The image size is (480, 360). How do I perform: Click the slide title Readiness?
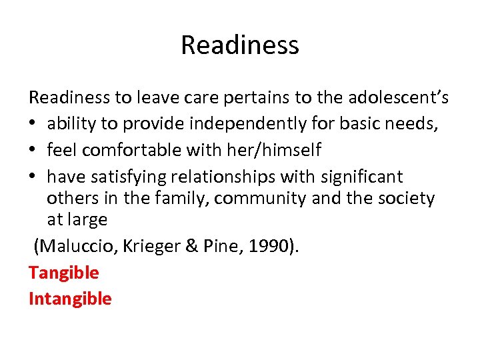coord(239,45)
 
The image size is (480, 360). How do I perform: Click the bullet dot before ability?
coord(33,125)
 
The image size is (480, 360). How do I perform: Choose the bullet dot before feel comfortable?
coord(33,151)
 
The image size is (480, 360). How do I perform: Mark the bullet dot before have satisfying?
coord(33,177)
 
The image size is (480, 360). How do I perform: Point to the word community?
coord(298,199)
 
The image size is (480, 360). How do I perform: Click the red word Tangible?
coord(63,272)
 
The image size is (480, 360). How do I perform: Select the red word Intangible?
coord(70,298)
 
